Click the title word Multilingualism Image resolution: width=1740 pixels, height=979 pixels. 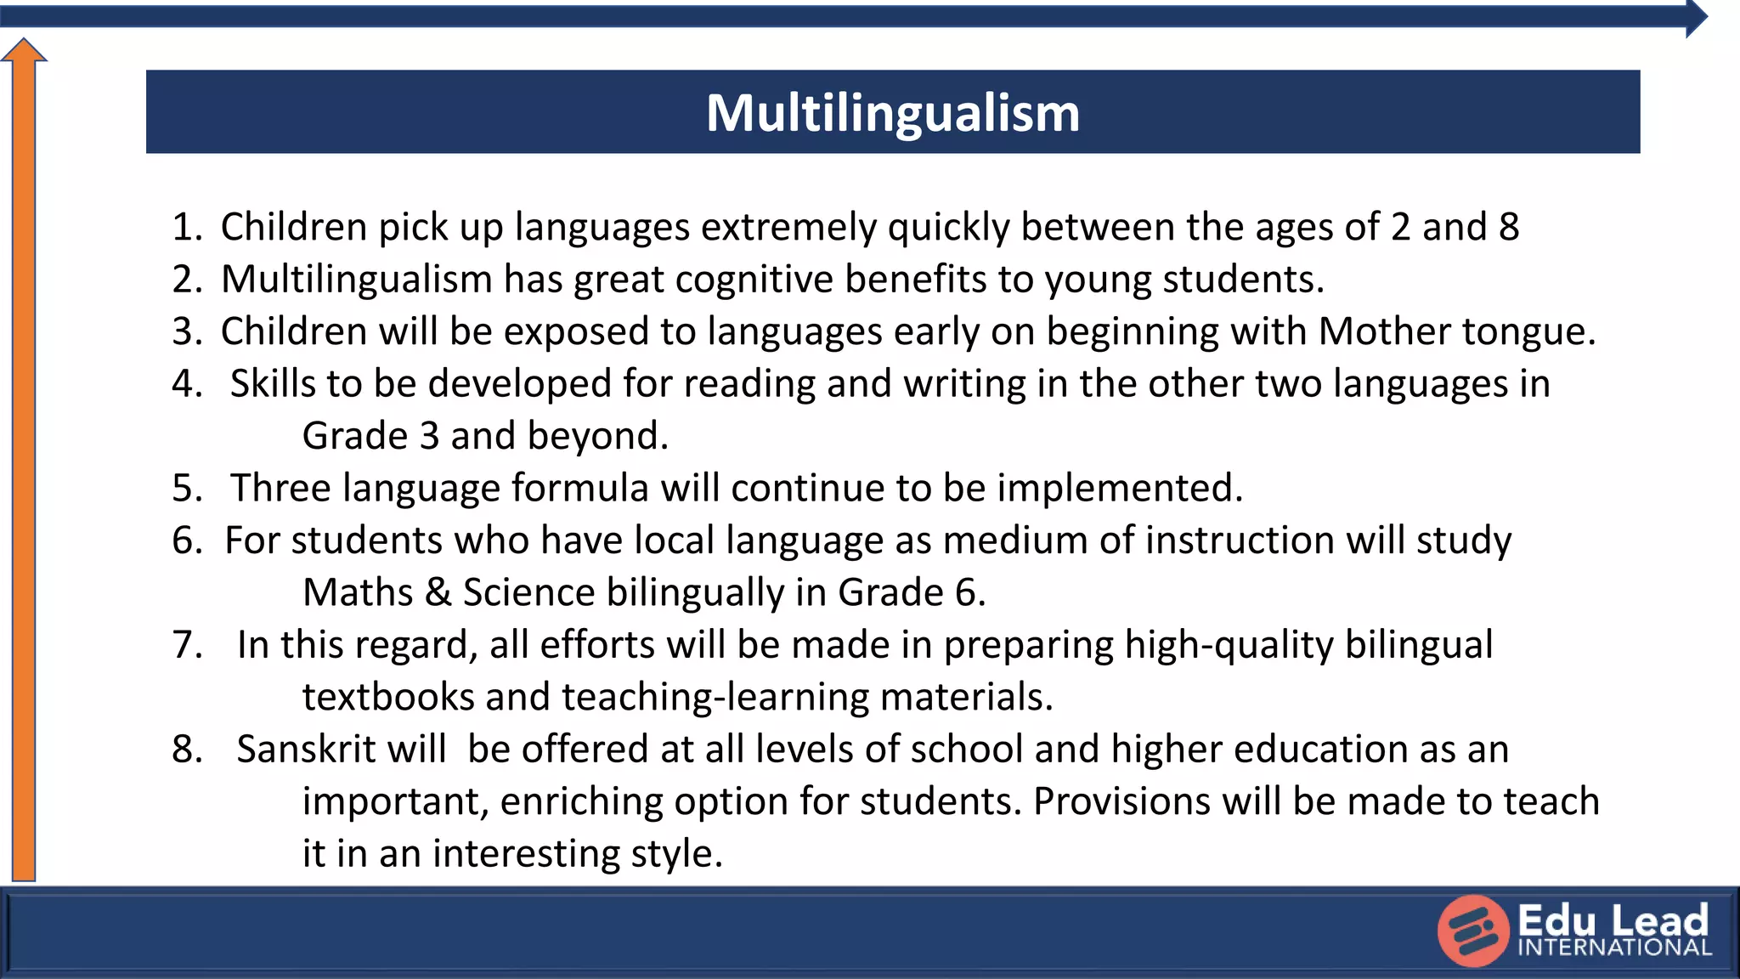(892, 113)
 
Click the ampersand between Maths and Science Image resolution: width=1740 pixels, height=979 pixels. (438, 592)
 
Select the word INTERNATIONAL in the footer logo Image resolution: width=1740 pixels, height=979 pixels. (1614, 948)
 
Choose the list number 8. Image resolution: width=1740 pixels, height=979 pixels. (185, 750)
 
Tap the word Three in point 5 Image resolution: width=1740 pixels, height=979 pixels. (281, 489)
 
